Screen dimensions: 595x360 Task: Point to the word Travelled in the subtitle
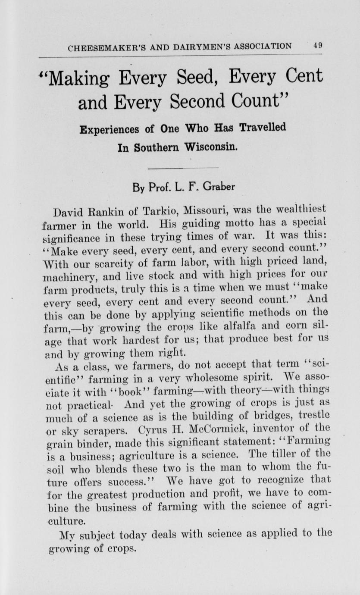pyautogui.click(x=262, y=128)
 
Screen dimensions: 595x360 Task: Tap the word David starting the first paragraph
pyautogui.click(x=69, y=213)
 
